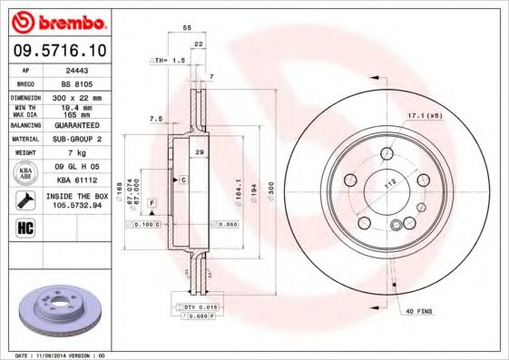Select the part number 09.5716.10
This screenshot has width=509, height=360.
(x=55, y=49)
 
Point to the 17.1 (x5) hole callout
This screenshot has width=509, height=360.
(x=423, y=115)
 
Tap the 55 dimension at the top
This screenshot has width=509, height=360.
(x=187, y=29)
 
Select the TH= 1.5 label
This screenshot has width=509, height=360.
(x=167, y=59)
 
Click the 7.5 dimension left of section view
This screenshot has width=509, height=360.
(x=155, y=118)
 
